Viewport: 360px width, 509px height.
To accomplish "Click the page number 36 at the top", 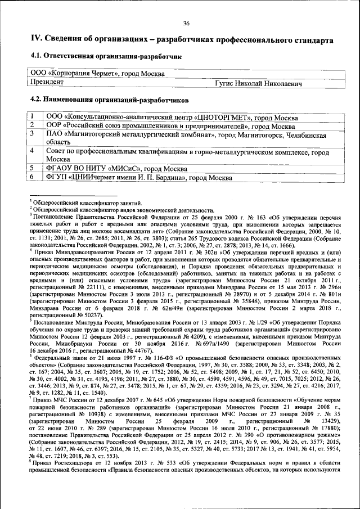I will click(186, 22).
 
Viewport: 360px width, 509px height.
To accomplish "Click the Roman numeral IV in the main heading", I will click(35, 40).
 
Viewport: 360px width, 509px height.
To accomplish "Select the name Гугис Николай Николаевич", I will click(259, 83).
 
